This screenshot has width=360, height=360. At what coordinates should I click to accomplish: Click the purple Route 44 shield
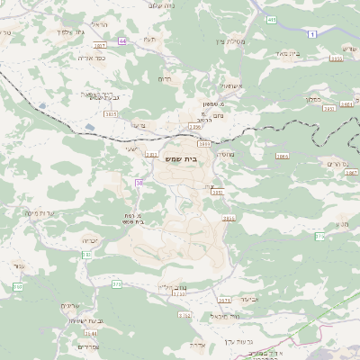tap(122, 40)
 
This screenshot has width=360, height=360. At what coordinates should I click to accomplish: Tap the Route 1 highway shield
tap(312, 33)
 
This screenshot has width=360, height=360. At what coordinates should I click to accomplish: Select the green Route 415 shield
tap(272, 18)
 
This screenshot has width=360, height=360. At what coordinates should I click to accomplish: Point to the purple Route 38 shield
tap(139, 183)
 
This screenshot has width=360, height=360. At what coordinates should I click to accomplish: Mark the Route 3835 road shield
tap(110, 115)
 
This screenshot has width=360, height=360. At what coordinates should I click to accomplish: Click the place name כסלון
tap(313, 98)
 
